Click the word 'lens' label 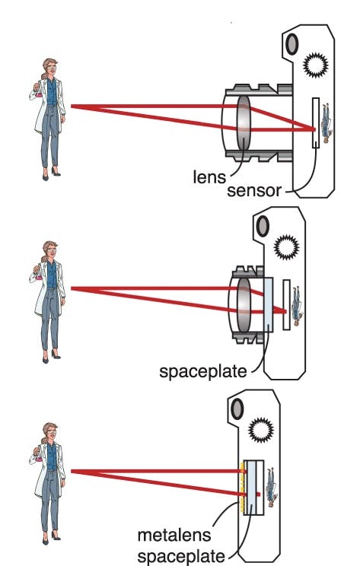[x=209, y=176]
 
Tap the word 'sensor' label [x=254, y=191]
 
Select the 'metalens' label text [x=174, y=535]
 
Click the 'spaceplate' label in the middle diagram [x=203, y=371]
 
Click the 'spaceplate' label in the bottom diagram [x=182, y=555]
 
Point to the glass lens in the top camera [x=244, y=123]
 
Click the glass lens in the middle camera [x=244, y=305]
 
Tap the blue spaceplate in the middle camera [x=268, y=304]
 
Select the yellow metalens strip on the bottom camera [x=241, y=488]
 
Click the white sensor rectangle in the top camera [x=316, y=122]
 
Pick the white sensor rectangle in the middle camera [x=287, y=304]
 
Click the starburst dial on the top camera [x=316, y=65]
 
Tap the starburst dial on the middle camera [x=286, y=247]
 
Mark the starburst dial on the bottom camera [x=261, y=430]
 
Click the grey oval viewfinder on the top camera [x=292, y=44]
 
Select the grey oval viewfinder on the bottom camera [x=237, y=409]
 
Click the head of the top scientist [x=49, y=68]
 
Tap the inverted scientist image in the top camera [x=327, y=122]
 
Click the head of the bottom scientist [x=49, y=432]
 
